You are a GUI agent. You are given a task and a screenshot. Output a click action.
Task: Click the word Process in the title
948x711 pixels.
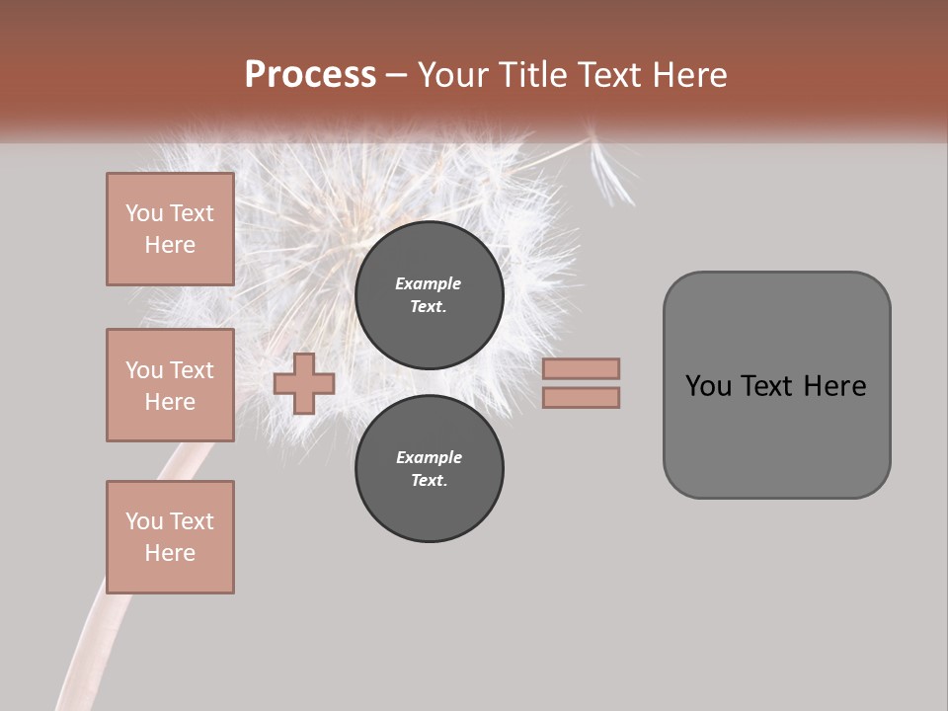pos(310,75)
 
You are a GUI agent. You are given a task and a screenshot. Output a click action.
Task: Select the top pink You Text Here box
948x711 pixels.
pos(170,229)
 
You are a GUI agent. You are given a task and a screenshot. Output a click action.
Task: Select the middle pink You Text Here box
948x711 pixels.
pos(170,385)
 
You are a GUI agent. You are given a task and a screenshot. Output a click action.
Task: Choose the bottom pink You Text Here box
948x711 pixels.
pos(170,537)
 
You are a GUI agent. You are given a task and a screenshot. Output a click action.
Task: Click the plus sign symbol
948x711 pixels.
pos(304,383)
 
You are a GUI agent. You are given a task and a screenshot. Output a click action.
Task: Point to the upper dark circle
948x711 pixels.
pos(430,294)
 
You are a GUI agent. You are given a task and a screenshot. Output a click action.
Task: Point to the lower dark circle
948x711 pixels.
pos(430,468)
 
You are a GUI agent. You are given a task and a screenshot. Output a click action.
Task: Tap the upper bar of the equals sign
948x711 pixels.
pos(581,368)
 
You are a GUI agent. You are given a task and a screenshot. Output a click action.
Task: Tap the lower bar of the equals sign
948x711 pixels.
pos(581,397)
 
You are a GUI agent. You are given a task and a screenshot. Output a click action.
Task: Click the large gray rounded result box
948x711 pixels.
pos(776,434)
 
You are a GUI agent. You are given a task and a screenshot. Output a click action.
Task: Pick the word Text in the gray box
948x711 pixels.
pos(767,386)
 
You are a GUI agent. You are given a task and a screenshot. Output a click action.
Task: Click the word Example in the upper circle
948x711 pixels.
pos(429,283)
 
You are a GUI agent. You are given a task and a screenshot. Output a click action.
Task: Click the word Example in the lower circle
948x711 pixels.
pos(429,457)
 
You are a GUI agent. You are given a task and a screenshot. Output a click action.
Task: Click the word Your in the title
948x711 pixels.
pos(456,75)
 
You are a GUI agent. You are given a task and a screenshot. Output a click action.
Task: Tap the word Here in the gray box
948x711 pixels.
pos(834,386)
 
